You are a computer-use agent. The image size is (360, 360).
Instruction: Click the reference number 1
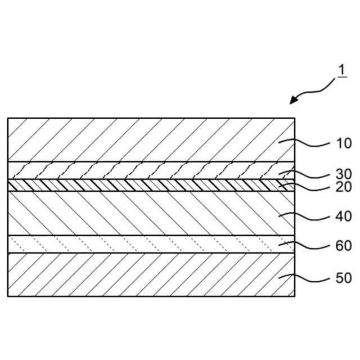[340, 71]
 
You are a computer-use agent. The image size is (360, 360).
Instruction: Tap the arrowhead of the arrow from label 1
[293, 101]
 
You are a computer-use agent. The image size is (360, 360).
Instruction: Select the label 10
[344, 143]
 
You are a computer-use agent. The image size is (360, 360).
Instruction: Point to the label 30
[344, 174]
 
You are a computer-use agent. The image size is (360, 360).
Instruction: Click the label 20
[344, 187]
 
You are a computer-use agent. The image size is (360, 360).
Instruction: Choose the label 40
[344, 216]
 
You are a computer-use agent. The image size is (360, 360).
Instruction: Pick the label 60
[344, 246]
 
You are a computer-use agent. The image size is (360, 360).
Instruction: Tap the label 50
[344, 278]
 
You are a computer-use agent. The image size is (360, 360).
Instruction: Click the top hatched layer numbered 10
[141, 139]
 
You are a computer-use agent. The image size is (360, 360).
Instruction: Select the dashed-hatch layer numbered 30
[141, 170]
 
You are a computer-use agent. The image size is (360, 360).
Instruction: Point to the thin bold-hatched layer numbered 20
[141, 185]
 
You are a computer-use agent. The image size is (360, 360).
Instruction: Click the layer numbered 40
[141, 213]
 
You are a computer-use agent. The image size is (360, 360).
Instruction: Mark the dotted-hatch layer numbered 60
[141, 244]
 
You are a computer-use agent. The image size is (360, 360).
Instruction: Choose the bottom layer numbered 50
[141, 274]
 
